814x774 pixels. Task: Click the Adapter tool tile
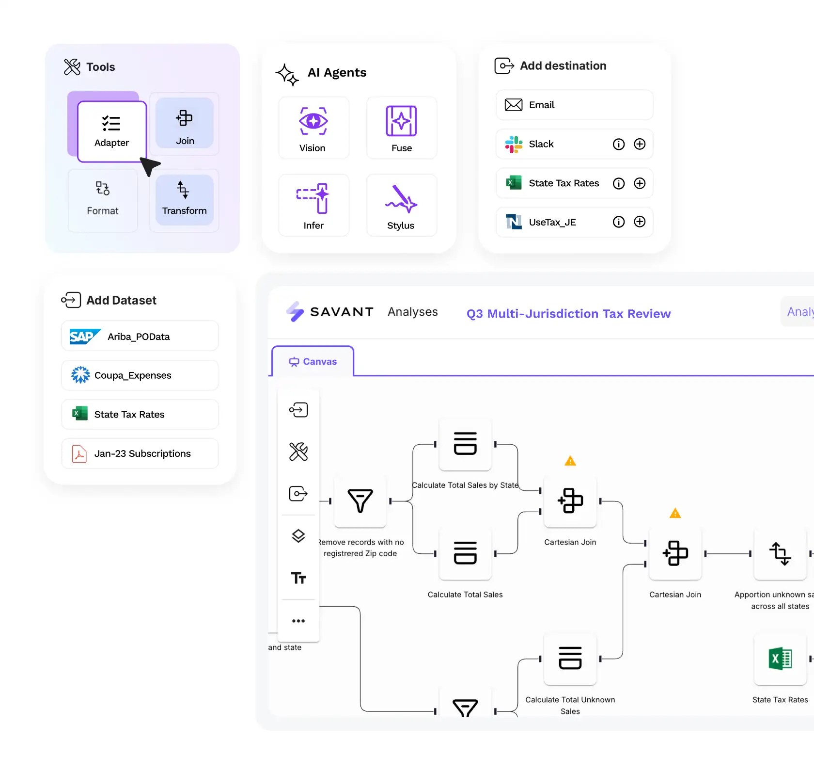click(112, 131)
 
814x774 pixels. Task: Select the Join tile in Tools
click(185, 124)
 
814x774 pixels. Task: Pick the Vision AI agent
click(313, 129)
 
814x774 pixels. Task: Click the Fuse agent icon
click(401, 121)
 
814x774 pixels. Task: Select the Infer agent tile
click(313, 206)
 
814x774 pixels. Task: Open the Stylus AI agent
click(401, 206)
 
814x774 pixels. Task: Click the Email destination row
click(574, 105)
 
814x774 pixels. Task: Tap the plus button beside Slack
click(640, 144)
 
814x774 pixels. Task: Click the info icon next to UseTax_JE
click(619, 222)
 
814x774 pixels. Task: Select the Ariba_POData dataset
click(140, 336)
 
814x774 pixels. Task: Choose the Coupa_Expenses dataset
click(140, 375)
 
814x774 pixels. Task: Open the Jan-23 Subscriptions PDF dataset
click(140, 453)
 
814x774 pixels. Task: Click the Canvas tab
click(313, 362)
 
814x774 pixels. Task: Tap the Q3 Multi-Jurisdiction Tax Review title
click(568, 314)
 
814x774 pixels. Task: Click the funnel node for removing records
click(360, 501)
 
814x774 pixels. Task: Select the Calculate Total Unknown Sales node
click(570, 659)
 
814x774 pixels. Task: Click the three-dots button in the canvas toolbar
click(298, 621)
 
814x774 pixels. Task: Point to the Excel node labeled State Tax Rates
click(780, 659)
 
